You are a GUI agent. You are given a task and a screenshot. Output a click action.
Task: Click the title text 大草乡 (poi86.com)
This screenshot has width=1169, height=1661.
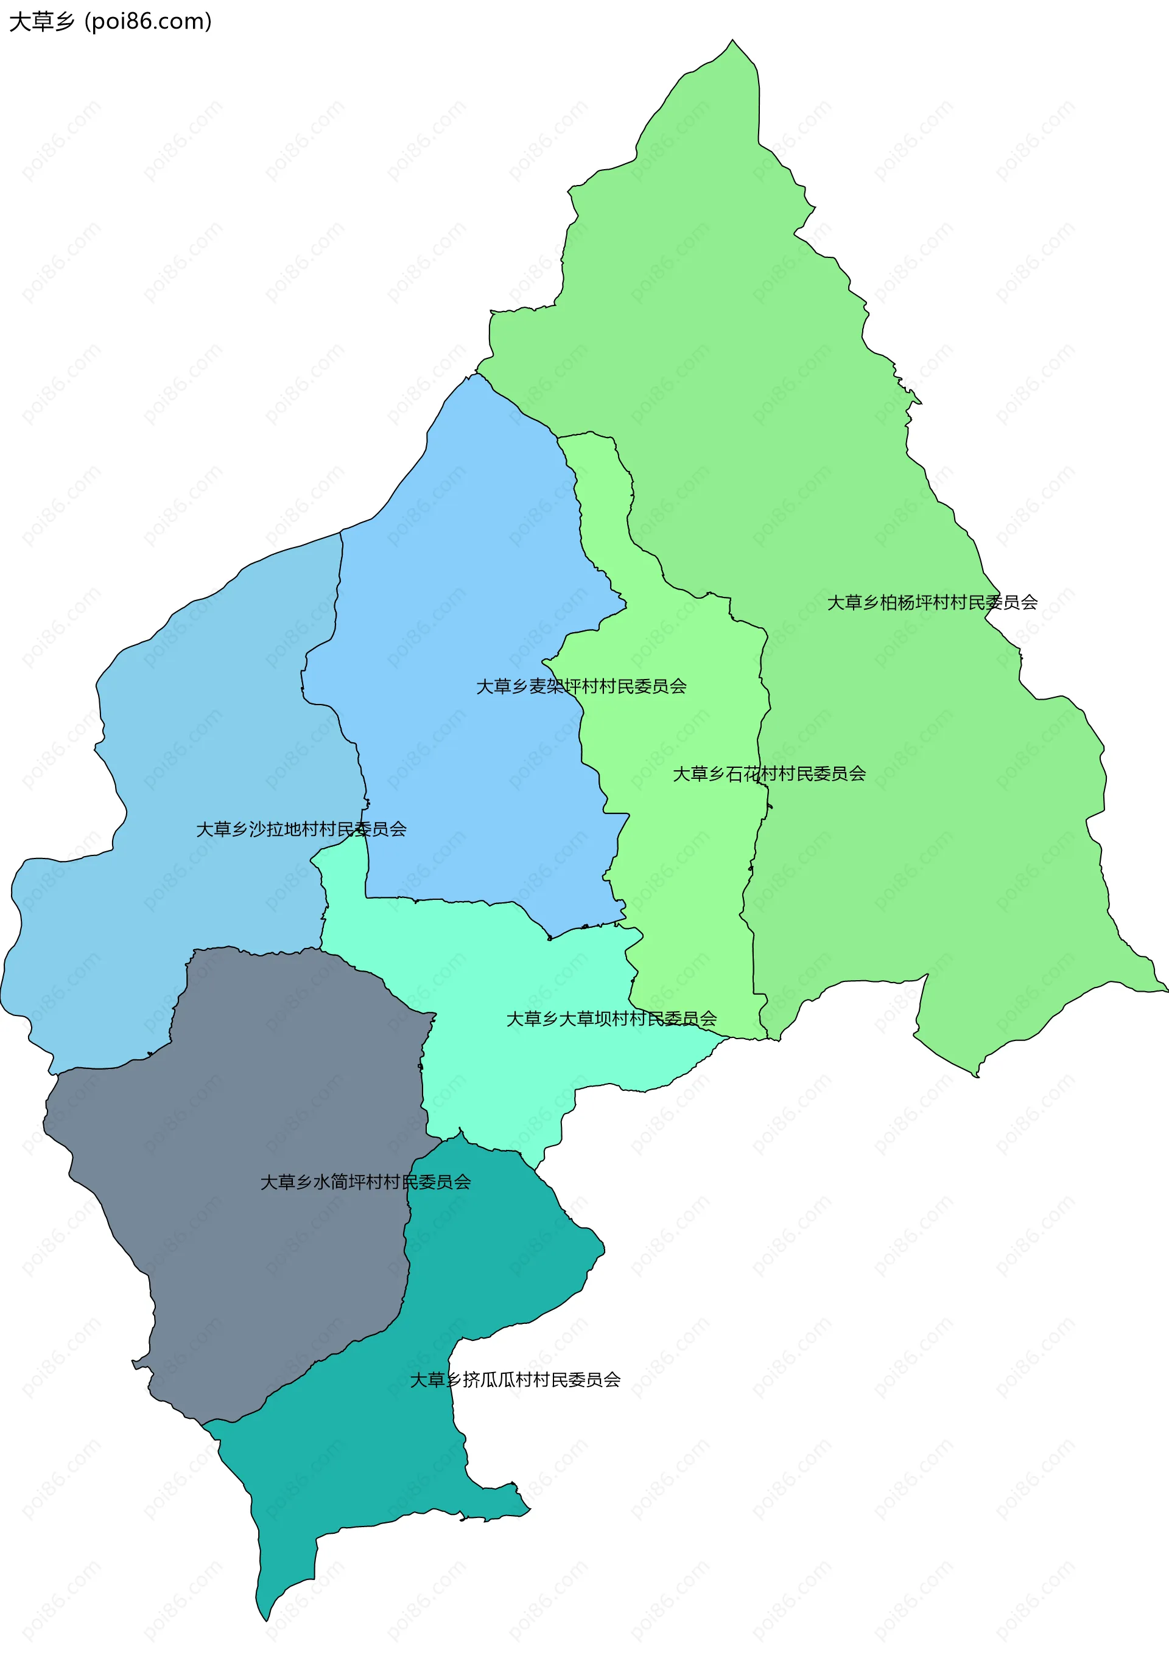(110, 22)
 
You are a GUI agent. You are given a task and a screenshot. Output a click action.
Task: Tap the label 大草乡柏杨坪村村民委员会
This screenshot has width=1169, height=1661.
(932, 602)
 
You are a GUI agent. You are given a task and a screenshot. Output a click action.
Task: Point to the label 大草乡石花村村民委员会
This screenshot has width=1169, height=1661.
(769, 773)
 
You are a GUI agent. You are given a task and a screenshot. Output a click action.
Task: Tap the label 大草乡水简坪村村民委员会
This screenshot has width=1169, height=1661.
(365, 1182)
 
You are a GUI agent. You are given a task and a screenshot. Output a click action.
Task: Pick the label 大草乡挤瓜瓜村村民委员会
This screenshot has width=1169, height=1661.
(514, 1379)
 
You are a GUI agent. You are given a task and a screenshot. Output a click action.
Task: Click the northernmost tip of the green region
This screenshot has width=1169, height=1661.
(732, 41)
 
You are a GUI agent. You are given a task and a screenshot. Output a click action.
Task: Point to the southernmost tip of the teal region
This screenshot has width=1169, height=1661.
(265, 1619)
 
